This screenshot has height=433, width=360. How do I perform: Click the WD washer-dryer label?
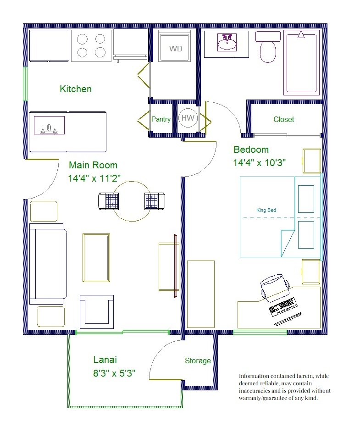(176, 49)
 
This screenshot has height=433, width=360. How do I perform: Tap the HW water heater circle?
(188, 118)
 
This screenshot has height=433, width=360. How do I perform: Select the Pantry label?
(161, 119)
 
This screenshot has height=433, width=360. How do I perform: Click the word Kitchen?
(76, 89)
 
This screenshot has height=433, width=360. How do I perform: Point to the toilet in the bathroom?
(268, 46)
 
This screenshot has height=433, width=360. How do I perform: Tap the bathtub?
(301, 63)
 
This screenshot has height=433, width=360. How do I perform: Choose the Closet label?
(283, 119)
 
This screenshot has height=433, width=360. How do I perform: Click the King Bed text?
(266, 210)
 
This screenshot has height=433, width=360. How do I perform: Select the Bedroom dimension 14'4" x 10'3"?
(259, 163)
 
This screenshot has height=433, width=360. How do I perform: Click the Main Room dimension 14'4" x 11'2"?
(94, 178)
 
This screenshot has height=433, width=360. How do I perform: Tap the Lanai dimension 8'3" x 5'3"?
(114, 373)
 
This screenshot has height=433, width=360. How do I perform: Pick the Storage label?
(198, 361)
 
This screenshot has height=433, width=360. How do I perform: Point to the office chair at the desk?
(275, 287)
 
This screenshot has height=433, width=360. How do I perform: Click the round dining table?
(132, 201)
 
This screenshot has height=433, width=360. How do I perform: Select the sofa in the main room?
(48, 264)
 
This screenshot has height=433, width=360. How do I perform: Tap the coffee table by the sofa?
(96, 258)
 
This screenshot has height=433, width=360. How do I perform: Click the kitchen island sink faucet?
(49, 129)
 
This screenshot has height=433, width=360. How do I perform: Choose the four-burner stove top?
(91, 45)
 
